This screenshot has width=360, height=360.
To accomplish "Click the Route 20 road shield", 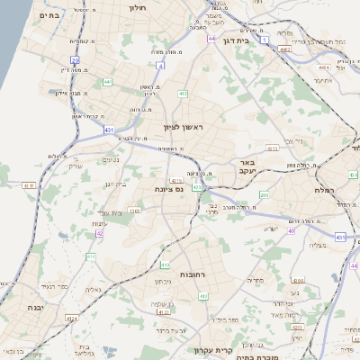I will click(76, 61).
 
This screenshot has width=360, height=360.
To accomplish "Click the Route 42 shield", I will click(99, 233).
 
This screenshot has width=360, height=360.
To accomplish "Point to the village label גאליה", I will click(93, 290).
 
